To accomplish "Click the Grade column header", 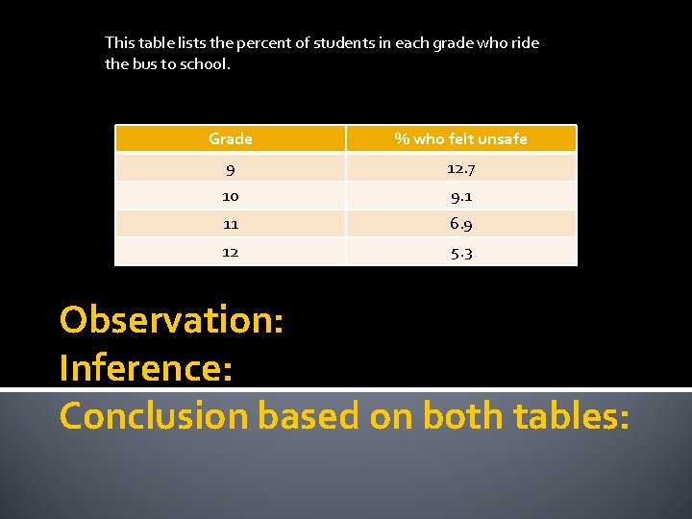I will click(231, 139).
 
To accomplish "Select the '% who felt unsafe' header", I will click(460, 139).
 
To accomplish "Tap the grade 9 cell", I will click(231, 169).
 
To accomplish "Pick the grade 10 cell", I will click(231, 196).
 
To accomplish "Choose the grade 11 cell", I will click(231, 224).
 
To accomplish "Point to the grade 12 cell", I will click(231, 252).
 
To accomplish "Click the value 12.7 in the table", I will click(460, 169).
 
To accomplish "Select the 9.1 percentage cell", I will click(460, 196).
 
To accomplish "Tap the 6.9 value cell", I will click(460, 224).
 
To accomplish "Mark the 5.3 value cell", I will click(460, 253).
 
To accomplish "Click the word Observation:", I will click(171, 320).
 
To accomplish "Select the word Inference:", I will click(146, 368).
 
